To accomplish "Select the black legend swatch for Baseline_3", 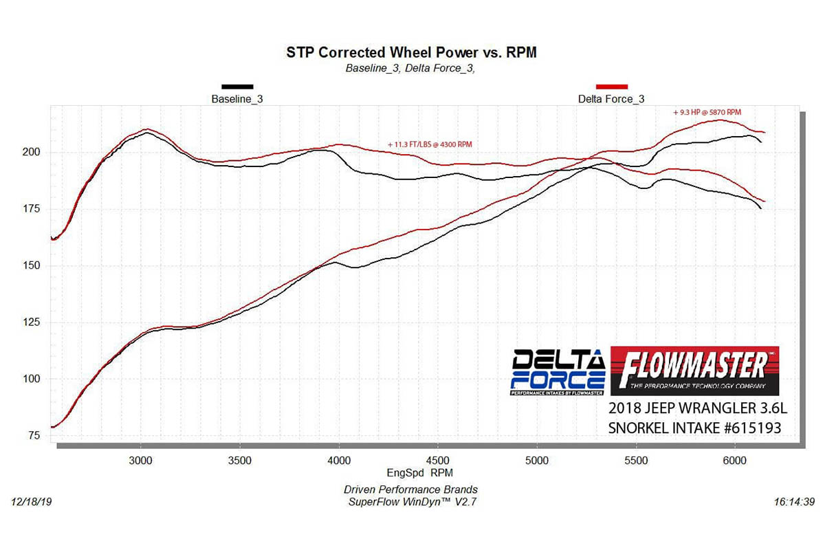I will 237,87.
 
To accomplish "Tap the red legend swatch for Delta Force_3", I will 611,87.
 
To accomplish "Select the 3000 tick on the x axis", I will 141,460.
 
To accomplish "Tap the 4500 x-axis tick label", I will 438,460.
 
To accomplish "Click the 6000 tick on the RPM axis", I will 735,460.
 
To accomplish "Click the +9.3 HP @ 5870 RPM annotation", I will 707,112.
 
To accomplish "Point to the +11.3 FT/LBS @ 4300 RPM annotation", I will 430,144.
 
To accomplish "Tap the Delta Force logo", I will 558,372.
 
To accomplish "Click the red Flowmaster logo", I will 694,370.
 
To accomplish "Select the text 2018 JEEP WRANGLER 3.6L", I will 697,408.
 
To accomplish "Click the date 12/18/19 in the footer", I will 32,503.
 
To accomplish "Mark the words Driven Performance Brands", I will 410,489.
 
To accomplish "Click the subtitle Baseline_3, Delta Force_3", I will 410,68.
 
